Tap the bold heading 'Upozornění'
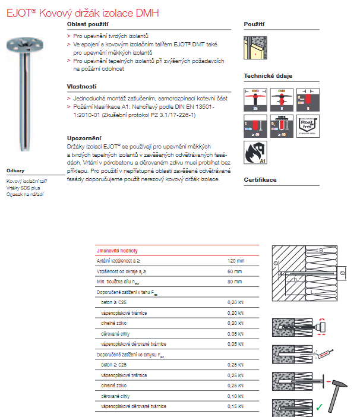(84, 138)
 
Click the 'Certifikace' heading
(260, 179)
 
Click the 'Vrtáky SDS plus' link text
(23, 187)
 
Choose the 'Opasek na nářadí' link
(25, 194)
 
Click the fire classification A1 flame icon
(254, 151)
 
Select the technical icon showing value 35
(254, 99)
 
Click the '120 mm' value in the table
(236, 261)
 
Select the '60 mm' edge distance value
(235, 271)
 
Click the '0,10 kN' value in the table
(235, 395)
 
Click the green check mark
(319, 407)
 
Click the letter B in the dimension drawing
(321, 250)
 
